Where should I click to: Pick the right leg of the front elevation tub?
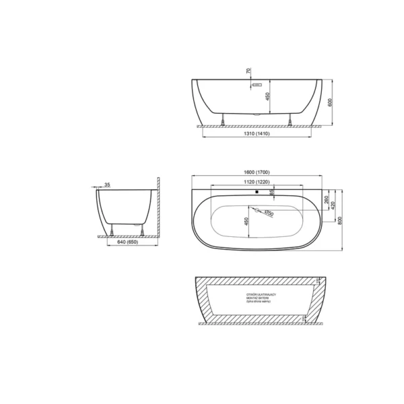point(290,121)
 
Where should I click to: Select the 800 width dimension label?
point(341,221)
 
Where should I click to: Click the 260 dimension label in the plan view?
point(326,200)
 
